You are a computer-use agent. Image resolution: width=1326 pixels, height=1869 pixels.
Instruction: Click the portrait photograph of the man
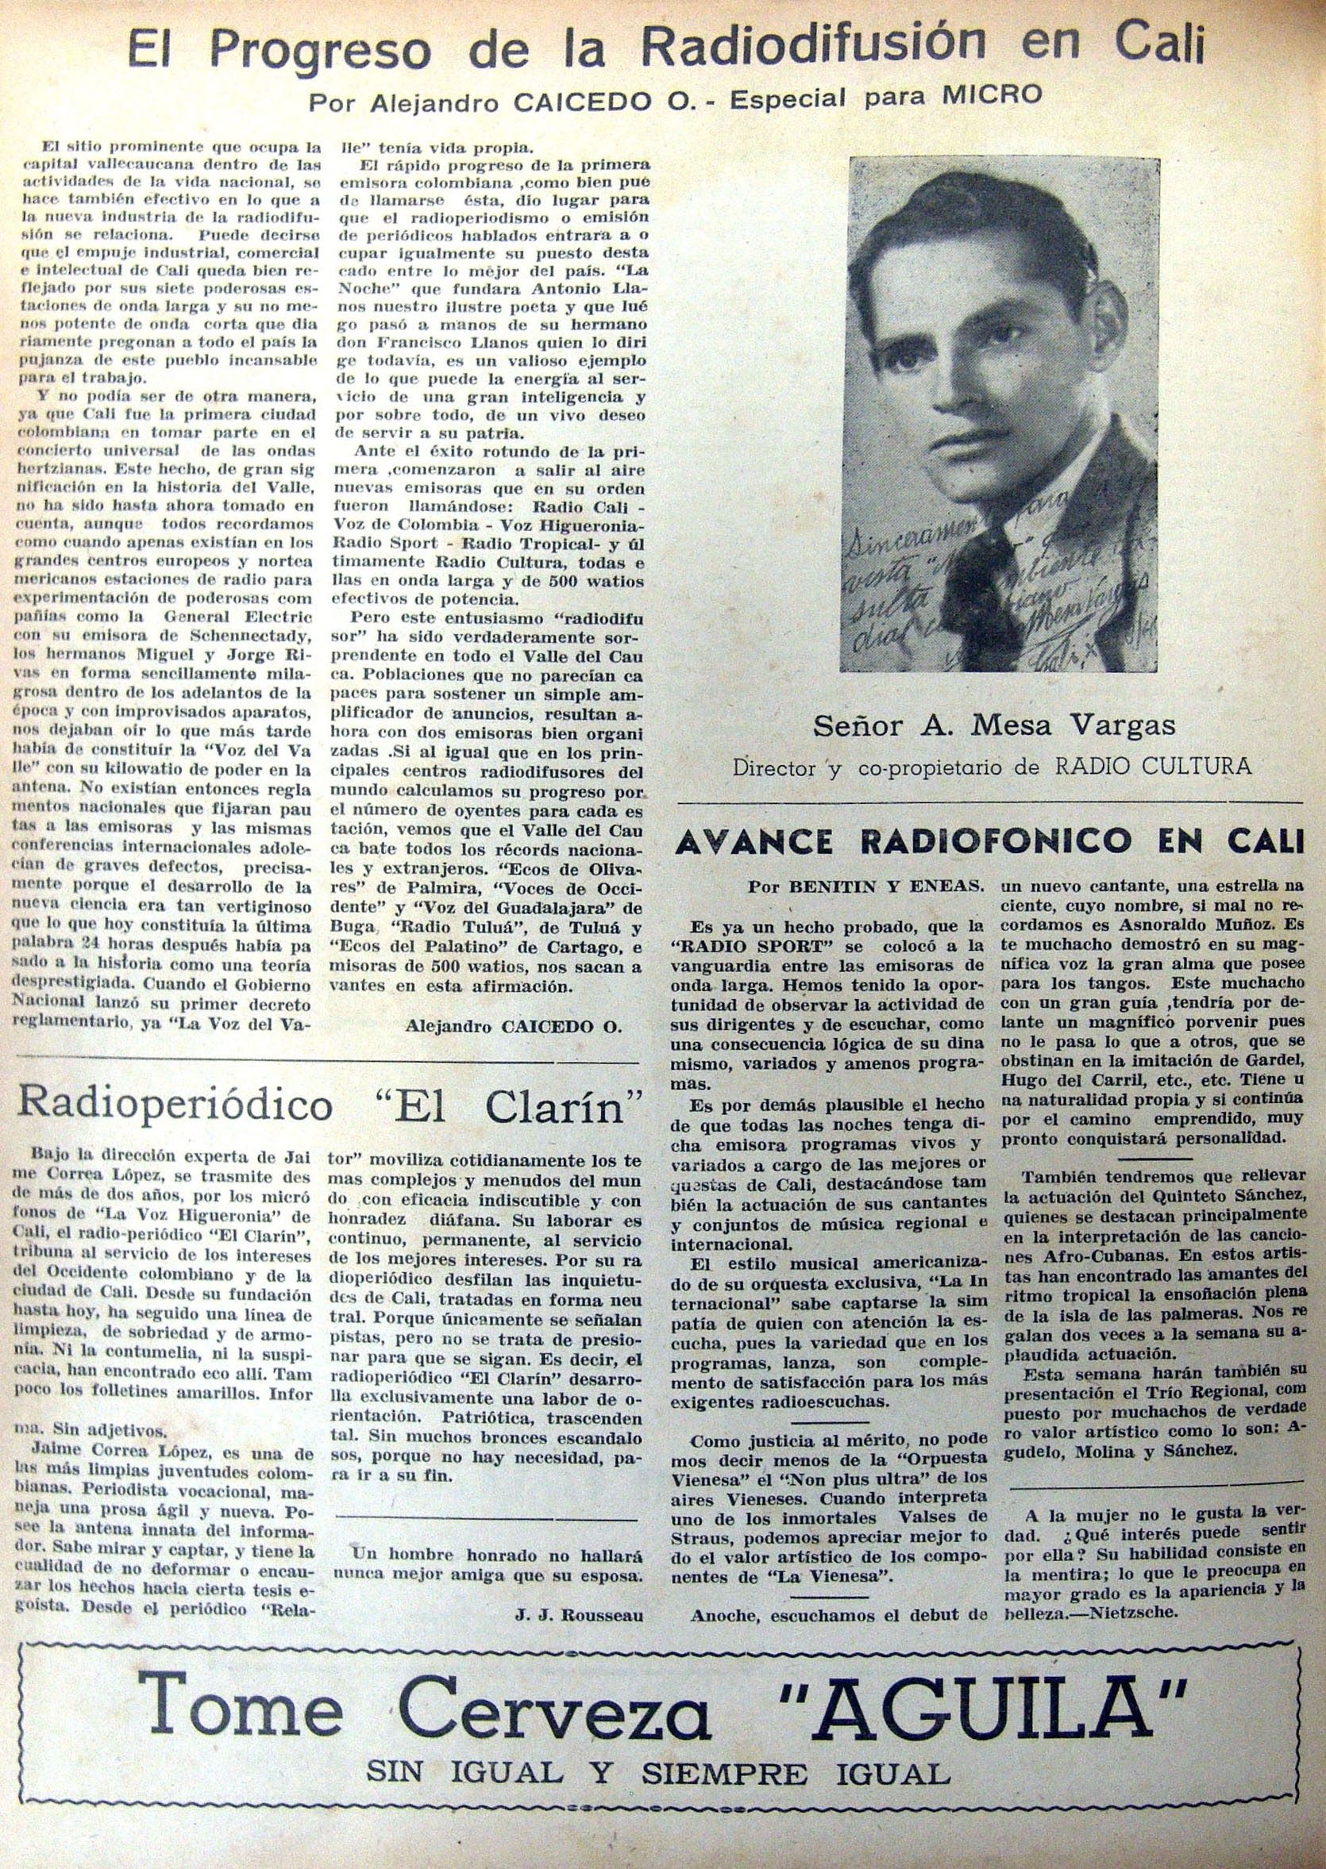coord(1003,413)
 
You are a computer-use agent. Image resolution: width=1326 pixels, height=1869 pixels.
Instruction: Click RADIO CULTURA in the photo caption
coord(1153,766)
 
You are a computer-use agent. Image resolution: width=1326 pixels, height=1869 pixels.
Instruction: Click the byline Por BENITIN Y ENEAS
coord(865,888)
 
